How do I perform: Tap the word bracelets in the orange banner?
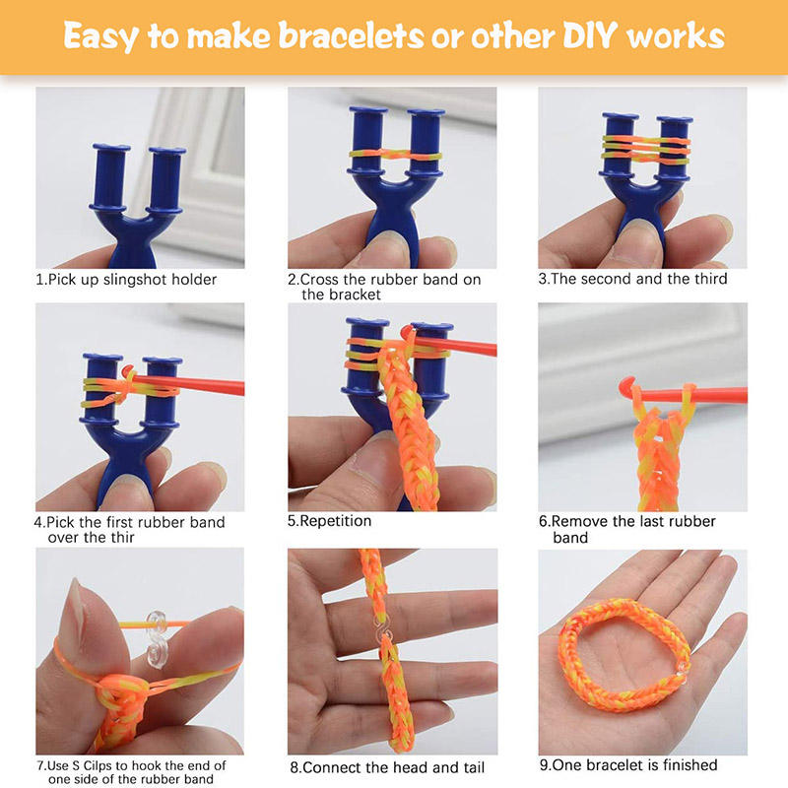[352, 35]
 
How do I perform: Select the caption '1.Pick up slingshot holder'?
[126, 280]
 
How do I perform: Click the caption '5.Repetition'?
[329, 521]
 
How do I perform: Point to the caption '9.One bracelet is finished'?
[628, 765]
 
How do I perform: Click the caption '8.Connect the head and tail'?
[387, 767]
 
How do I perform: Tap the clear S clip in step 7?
[158, 639]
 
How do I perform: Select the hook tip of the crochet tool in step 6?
[626, 386]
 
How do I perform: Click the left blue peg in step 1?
[109, 177]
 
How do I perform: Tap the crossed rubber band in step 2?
[396, 155]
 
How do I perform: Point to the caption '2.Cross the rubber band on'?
[384, 280]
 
